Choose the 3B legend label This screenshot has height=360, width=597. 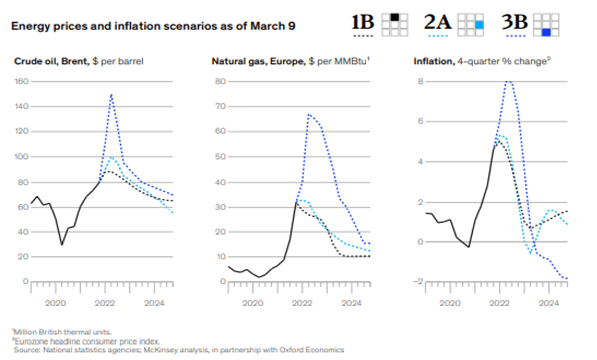[x=513, y=22]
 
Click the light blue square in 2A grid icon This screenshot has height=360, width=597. [x=479, y=24]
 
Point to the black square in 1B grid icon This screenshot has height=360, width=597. [x=395, y=17]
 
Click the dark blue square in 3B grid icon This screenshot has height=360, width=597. [x=546, y=33]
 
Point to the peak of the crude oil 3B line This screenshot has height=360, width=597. [x=111, y=94]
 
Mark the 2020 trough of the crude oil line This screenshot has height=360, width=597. [x=61, y=244]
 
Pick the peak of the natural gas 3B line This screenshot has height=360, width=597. [x=308, y=115]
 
